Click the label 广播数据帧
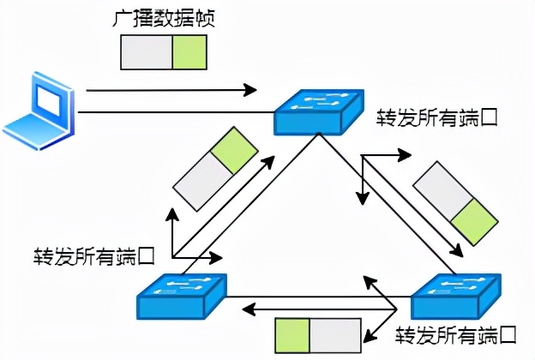163,19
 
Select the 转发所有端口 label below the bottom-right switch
455,333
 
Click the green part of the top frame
189,52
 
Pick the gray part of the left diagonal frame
202,181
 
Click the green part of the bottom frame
292,334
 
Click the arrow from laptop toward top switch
171,90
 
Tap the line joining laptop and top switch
171,112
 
